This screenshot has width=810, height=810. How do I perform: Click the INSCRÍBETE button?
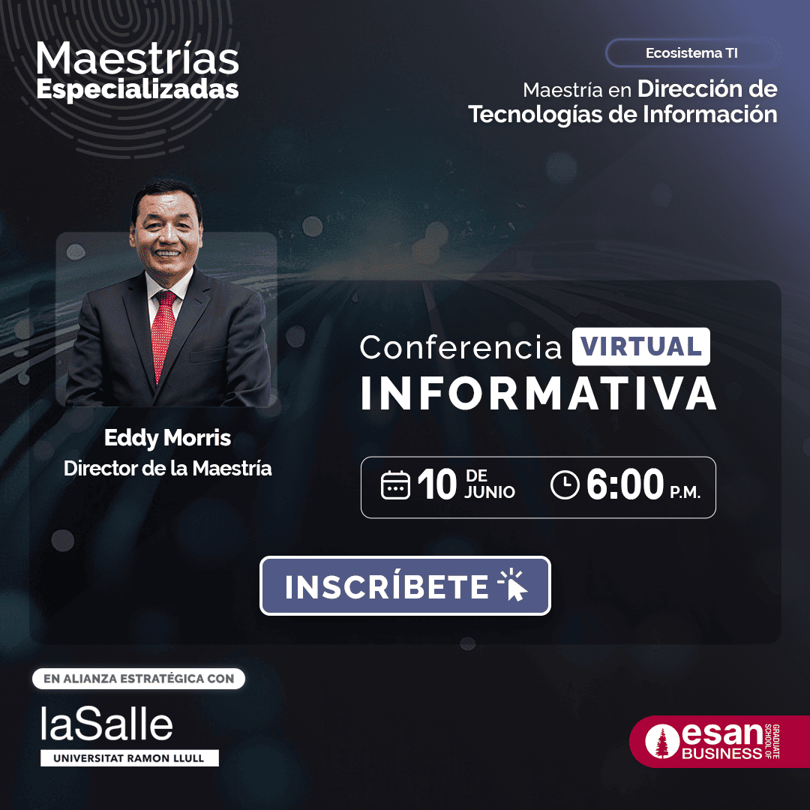(405, 585)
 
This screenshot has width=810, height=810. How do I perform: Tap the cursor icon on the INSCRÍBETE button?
(513, 585)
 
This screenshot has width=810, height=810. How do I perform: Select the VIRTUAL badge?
(640, 346)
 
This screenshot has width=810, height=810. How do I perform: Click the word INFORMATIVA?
(538, 393)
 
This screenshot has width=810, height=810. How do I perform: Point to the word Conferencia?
(460, 347)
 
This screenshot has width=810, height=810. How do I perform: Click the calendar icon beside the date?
(395, 485)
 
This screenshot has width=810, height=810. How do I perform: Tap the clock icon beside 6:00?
(565, 485)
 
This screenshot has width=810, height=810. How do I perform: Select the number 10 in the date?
(437, 484)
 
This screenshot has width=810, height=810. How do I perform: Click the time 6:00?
(625, 484)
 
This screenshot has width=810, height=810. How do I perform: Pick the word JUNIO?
(490, 492)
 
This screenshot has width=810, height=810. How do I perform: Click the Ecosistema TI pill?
(692, 52)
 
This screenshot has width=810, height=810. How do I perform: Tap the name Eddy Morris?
(167, 438)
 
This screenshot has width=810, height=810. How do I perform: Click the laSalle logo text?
(106, 724)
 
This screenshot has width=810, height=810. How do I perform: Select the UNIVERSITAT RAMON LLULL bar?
(130, 757)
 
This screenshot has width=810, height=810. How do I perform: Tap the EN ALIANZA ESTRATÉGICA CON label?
(139, 679)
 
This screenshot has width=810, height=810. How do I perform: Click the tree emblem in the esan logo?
(662, 742)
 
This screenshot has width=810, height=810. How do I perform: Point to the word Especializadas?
(137, 89)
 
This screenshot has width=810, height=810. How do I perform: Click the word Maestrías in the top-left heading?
(137, 58)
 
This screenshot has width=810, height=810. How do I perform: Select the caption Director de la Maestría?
(167, 469)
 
